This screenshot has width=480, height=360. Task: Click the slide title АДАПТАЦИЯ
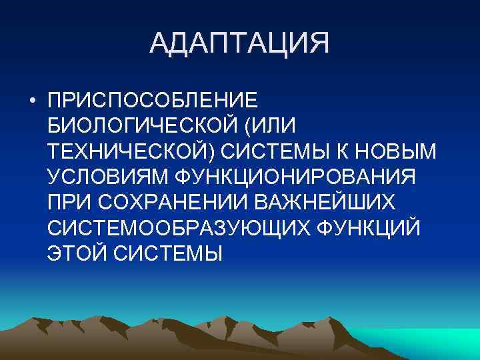[240, 44]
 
